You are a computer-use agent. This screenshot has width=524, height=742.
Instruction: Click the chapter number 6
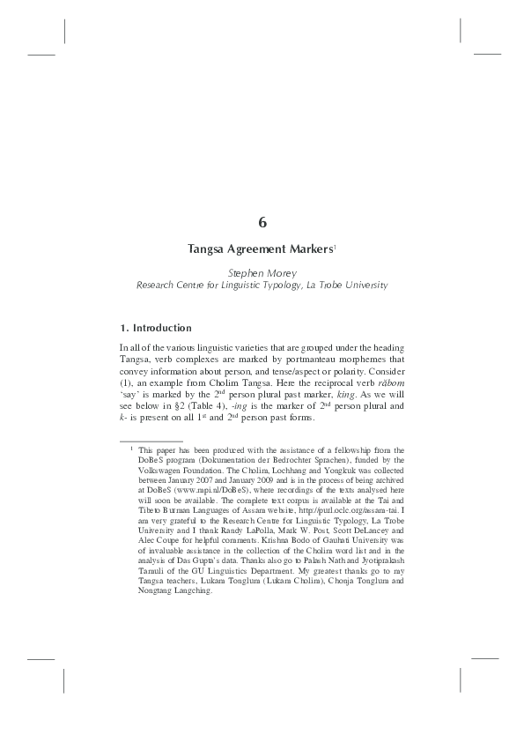click(x=262, y=222)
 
